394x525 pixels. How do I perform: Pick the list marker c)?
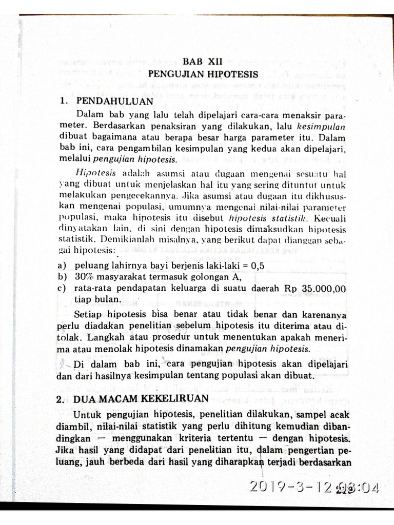[x=63, y=289]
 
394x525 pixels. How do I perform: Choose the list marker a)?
[x=63, y=266]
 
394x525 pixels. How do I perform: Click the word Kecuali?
[x=333, y=217]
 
